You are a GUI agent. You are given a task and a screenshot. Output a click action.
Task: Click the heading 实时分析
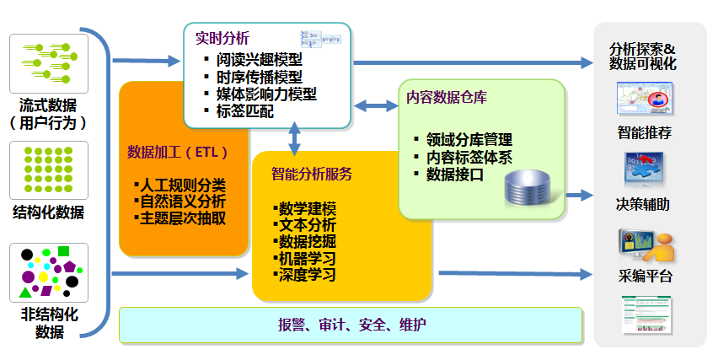(x=222, y=39)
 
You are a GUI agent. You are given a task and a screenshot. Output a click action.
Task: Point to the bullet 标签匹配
(x=244, y=110)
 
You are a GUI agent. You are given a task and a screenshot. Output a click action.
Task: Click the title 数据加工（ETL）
(x=177, y=153)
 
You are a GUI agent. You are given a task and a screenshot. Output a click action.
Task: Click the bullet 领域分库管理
(x=468, y=140)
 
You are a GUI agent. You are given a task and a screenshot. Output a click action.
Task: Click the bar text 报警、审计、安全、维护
(x=352, y=325)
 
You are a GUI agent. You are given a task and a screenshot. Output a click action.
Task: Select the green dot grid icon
(x=49, y=166)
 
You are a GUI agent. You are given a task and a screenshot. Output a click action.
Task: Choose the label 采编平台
(x=645, y=277)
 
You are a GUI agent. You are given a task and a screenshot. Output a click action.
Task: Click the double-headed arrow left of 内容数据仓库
(x=376, y=106)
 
